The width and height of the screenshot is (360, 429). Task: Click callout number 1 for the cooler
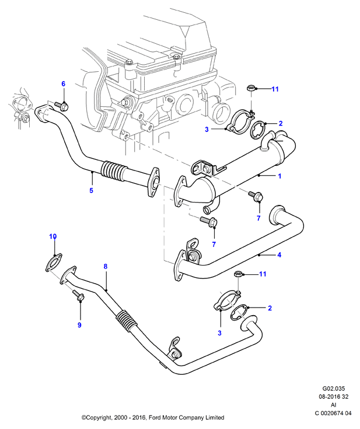pos(279,176)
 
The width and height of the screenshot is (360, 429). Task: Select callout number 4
pos(279,255)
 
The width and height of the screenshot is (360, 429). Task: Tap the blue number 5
pos(92,190)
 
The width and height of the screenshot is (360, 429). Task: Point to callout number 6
pos(64,83)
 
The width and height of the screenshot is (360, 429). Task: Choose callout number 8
pos(106,266)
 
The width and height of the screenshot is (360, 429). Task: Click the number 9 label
pos(79,325)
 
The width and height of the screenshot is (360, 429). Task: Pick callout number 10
pos(53,236)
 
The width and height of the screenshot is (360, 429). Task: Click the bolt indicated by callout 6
pos(61,106)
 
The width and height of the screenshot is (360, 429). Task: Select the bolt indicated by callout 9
pos(79,296)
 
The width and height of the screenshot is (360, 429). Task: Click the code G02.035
pos(334,389)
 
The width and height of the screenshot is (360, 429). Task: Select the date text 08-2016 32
pos(334,397)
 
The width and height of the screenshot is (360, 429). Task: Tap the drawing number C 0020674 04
pos(333,413)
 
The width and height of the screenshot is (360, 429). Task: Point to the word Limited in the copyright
pos(215,417)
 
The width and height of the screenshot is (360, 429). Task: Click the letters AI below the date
pos(334,405)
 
